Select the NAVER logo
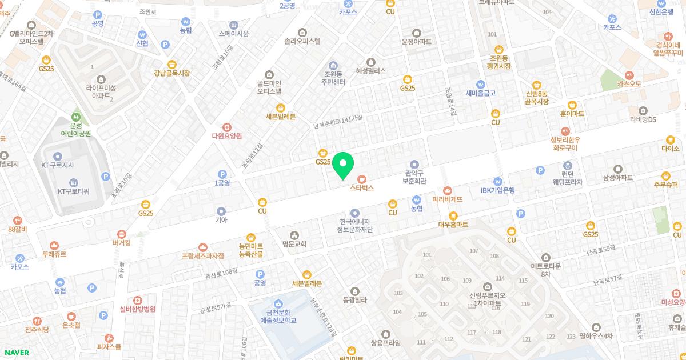point(15,352)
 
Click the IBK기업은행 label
point(497,190)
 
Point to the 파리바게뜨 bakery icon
point(447,190)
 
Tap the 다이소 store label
point(669,149)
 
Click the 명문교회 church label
point(294,244)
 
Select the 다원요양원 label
point(227,136)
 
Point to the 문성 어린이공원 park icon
point(76,117)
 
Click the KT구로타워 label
point(74,191)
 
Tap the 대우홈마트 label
point(453,225)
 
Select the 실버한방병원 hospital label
point(137,309)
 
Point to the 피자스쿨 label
point(109,346)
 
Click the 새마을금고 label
point(480,93)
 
